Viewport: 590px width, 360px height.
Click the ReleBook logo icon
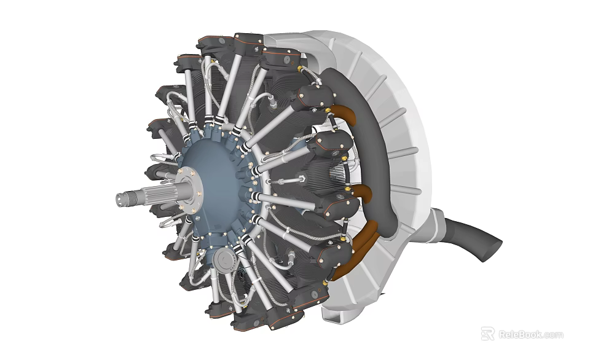click(x=487, y=334)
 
